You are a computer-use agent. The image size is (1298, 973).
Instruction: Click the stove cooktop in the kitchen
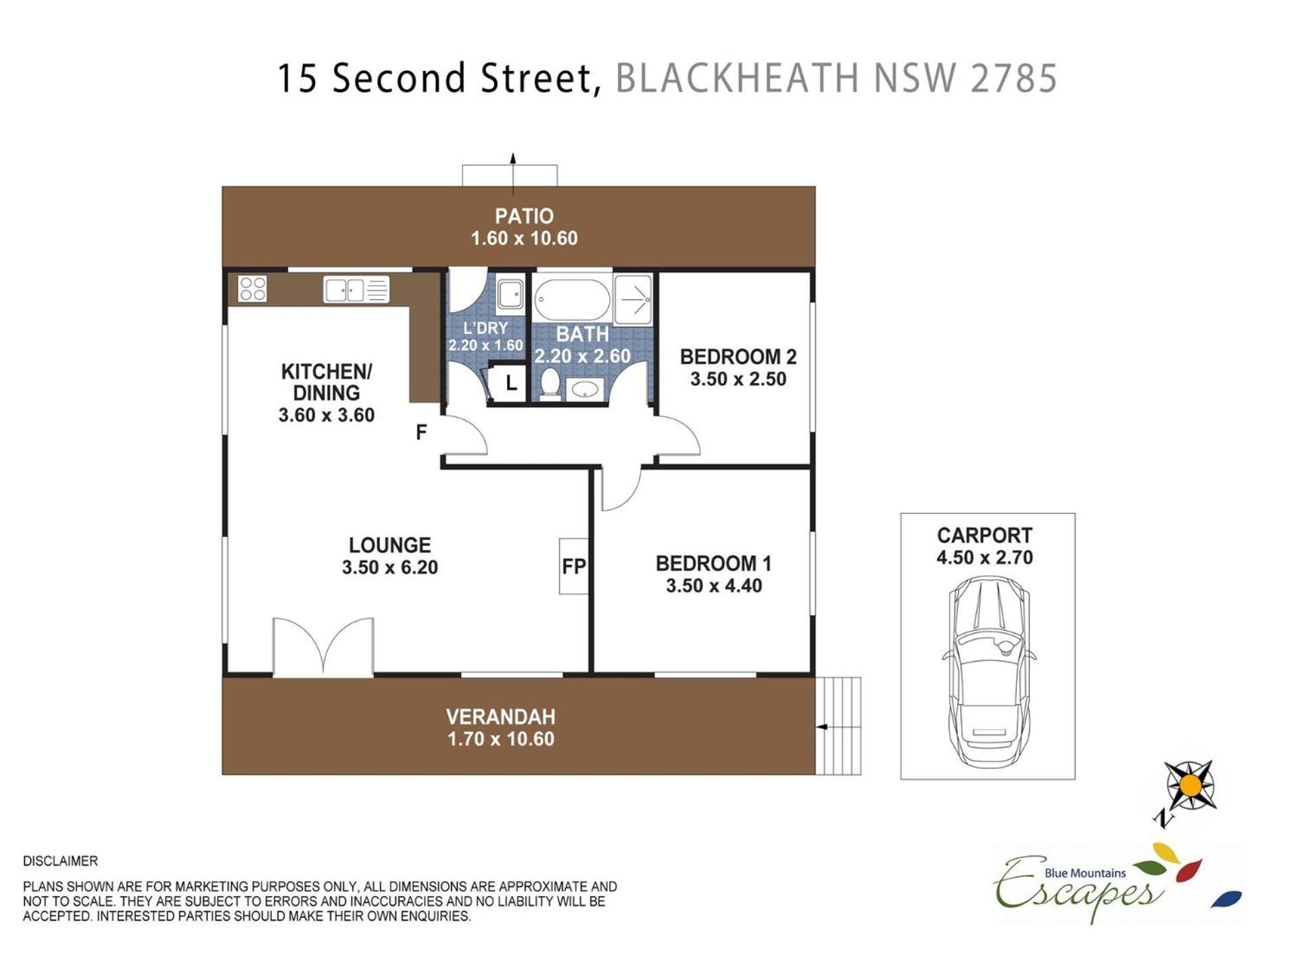click(252, 289)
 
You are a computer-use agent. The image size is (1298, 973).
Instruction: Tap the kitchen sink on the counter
click(356, 290)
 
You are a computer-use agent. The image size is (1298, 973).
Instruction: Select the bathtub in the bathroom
click(572, 299)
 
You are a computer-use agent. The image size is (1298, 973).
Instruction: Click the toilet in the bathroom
click(550, 384)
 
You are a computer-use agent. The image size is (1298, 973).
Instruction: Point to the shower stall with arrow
click(633, 299)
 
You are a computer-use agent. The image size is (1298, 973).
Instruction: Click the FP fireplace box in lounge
click(573, 566)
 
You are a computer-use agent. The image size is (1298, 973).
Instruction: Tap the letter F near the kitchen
click(421, 432)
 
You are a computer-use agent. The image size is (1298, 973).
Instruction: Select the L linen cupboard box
click(510, 384)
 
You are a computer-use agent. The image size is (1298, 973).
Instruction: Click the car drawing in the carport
click(989, 672)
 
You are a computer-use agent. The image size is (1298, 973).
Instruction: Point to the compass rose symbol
click(1191, 786)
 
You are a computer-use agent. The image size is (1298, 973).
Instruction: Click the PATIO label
click(524, 216)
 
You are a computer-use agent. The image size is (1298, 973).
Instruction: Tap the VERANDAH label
click(500, 717)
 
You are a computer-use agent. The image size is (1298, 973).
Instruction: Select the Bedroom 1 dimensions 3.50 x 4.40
click(714, 586)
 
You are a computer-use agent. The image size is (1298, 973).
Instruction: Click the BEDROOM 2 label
click(738, 357)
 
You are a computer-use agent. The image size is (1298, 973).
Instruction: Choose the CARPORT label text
click(984, 536)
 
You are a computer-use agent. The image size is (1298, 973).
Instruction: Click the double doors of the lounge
click(323, 647)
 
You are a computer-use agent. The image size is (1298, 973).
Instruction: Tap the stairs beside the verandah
click(838, 726)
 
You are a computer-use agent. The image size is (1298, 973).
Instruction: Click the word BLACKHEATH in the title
click(736, 78)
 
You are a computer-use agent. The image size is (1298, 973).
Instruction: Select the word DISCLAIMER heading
click(60, 861)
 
